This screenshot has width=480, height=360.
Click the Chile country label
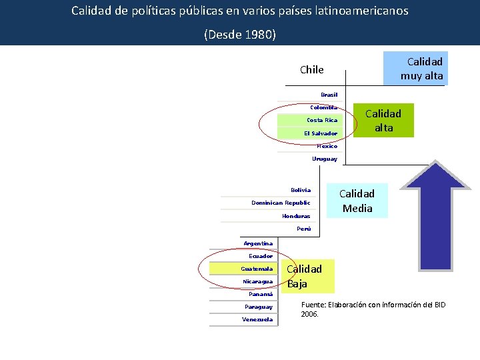click(x=311, y=70)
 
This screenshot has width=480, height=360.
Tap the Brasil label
click(x=329, y=95)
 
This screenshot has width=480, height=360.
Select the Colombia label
click(x=323, y=107)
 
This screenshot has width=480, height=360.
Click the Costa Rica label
click(x=322, y=120)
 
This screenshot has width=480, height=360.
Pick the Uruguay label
click(x=325, y=159)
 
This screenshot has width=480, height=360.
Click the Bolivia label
click(x=301, y=190)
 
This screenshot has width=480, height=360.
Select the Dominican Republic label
click(x=281, y=203)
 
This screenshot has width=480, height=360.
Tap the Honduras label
click(x=296, y=216)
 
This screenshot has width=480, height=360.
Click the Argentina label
click(x=258, y=243)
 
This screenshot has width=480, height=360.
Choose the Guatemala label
click(x=257, y=269)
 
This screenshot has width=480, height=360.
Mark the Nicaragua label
click(x=257, y=281)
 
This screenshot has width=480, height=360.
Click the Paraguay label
click(x=258, y=307)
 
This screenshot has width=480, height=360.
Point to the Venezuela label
click(x=257, y=319)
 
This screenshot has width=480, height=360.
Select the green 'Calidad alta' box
click(x=383, y=121)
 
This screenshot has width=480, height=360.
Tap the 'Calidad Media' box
click(x=357, y=201)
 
